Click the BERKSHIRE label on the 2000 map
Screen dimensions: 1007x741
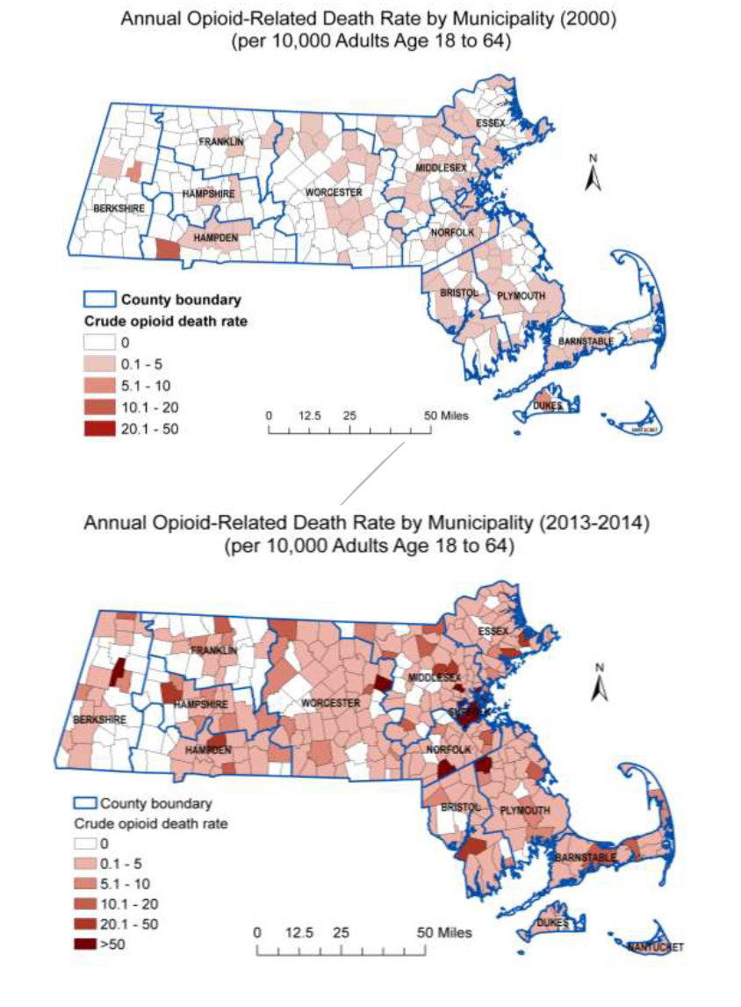coord(118,208)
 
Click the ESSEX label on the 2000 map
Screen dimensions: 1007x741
coord(492,123)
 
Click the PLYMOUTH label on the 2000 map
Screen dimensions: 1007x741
coord(522,296)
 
